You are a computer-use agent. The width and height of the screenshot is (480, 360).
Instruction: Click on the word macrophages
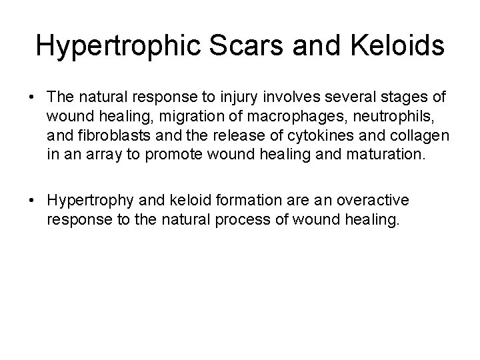point(256,118)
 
